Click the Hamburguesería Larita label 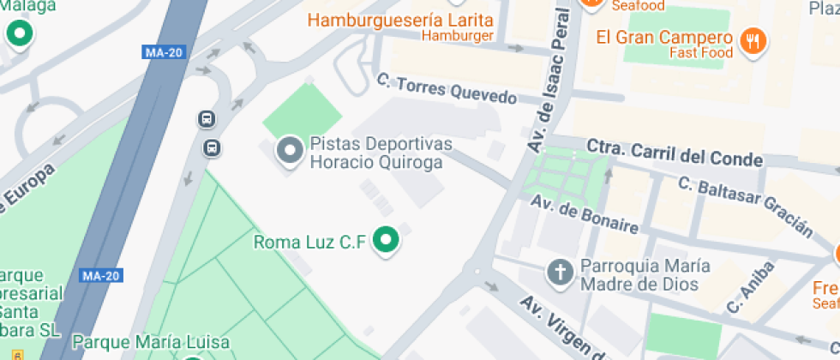click(400, 20)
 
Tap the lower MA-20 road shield click(100, 275)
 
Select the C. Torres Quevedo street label click(447, 88)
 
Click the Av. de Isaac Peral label click(550, 81)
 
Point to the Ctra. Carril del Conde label click(674, 153)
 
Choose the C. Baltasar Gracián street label click(744, 206)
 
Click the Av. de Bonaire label click(584, 214)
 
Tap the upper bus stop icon click(207, 119)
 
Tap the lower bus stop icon click(211, 147)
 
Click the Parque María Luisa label click(151, 342)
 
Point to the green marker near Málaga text click(19, 34)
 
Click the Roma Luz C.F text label click(310, 243)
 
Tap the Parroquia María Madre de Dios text click(639, 275)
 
